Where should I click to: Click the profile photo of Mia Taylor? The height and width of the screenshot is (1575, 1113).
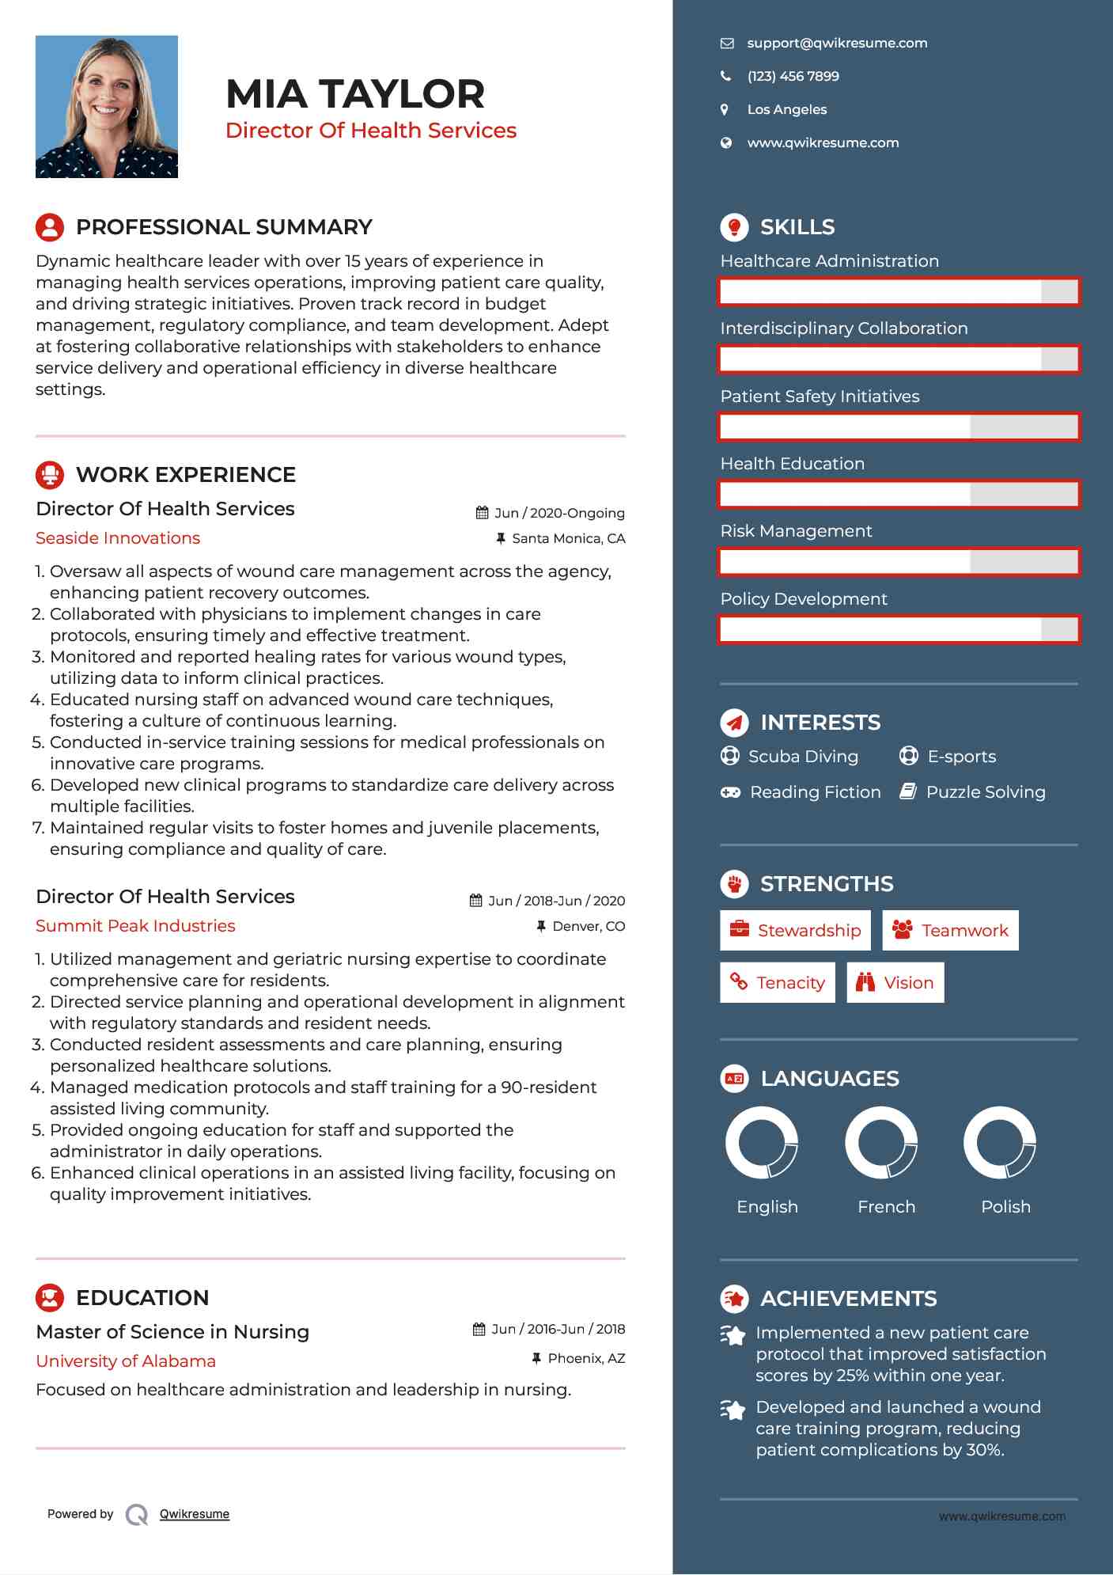[107, 107]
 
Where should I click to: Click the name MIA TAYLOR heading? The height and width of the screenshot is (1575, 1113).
[355, 94]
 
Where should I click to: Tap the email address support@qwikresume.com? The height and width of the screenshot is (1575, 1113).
[837, 44]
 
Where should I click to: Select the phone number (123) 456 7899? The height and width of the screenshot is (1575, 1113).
[793, 77]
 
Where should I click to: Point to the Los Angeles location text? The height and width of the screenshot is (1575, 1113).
[786, 110]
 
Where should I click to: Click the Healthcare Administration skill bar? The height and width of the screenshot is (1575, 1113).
[899, 291]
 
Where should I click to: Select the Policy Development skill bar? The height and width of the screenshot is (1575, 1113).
[899, 630]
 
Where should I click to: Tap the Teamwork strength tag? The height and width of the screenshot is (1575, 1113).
[950, 931]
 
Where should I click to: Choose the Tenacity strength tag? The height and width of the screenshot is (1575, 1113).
[778, 983]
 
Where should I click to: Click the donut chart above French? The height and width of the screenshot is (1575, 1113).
[881, 1143]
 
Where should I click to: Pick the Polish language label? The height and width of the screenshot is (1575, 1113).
[1005, 1207]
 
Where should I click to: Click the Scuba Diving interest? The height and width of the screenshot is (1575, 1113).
[803, 757]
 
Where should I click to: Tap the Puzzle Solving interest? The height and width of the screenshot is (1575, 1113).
[985, 792]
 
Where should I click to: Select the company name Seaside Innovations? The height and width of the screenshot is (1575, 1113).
[118, 538]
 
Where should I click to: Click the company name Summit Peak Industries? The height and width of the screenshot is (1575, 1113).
[135, 926]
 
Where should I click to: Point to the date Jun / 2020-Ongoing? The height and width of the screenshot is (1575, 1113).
[559, 514]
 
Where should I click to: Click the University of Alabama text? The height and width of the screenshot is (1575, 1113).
[126, 1361]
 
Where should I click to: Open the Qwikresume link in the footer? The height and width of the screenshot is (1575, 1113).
[195, 1514]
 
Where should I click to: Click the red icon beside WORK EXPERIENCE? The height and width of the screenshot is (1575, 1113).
[50, 475]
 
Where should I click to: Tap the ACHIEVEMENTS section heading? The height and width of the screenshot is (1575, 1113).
[848, 1299]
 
